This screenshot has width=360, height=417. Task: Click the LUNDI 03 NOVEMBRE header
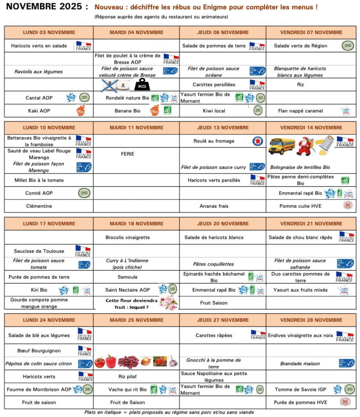click(49, 33)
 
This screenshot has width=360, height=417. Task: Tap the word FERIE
click(127, 154)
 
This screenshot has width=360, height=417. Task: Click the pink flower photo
click(168, 303)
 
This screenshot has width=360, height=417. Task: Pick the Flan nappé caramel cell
click(301, 111)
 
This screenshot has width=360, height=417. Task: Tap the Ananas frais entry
click(214, 206)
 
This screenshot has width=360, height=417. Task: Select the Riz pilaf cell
click(127, 377)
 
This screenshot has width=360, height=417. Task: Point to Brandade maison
click(300, 364)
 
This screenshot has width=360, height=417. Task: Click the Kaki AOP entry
click(39, 111)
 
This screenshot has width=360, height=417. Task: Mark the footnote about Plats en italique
click(169, 412)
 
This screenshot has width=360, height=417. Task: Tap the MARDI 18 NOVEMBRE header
click(136, 224)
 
